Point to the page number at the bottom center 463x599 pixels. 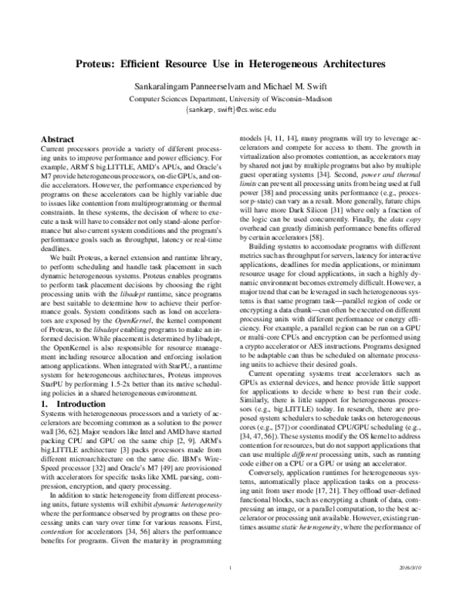231,591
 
